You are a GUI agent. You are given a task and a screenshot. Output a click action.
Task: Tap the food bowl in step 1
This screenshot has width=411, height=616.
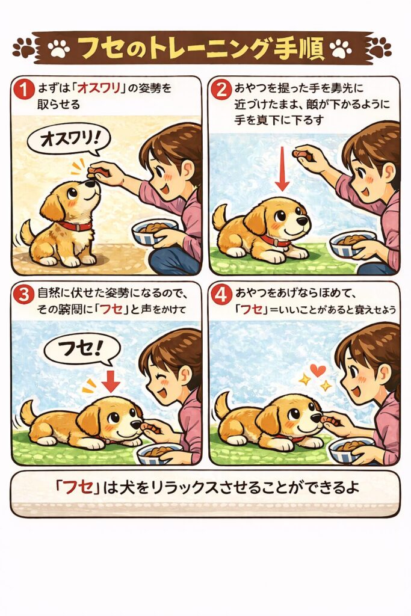point(154,232)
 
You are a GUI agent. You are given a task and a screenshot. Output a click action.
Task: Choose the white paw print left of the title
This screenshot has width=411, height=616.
point(59,48)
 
